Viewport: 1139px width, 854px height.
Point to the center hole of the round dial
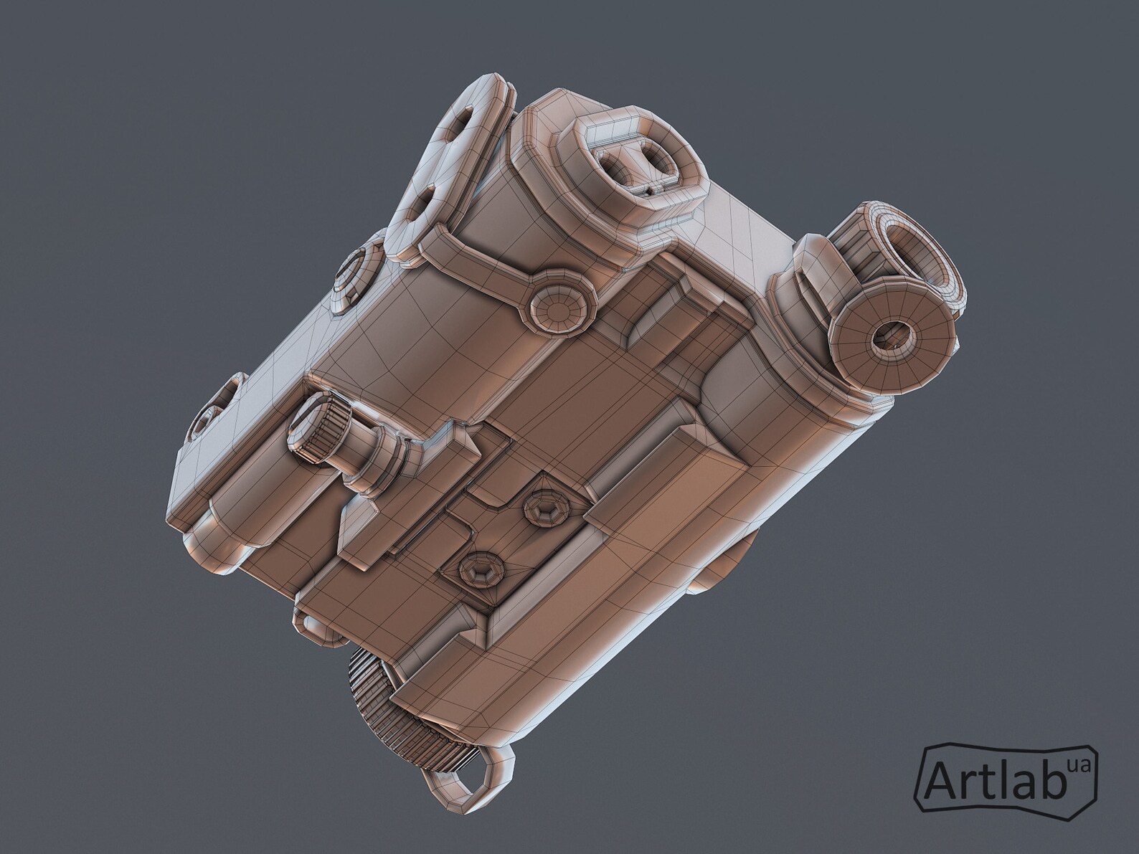tap(891, 336)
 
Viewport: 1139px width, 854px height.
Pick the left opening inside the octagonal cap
tap(615, 167)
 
